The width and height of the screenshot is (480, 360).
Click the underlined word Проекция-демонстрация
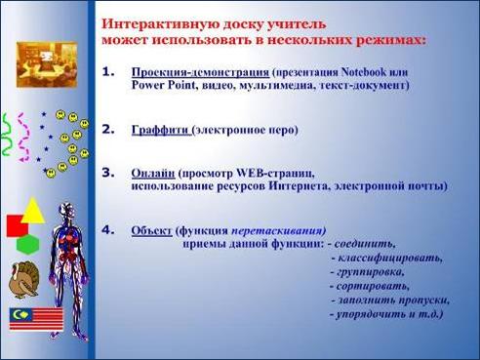click(200, 72)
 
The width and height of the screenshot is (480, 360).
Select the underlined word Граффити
click(160, 130)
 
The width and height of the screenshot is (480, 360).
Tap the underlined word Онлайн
click(153, 174)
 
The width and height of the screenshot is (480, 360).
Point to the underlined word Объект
click(151, 230)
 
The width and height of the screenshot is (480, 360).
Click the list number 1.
click(108, 72)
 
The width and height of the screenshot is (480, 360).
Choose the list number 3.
click(108, 173)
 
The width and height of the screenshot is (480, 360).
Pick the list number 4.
click(108, 230)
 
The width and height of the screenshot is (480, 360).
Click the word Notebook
click(364, 72)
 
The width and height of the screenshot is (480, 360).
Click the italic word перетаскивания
click(278, 231)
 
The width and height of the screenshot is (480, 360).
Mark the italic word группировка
click(370, 272)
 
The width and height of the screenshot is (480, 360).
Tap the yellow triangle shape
click(33, 211)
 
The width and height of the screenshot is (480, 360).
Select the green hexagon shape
click(28, 245)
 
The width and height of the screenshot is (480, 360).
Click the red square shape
click(17, 226)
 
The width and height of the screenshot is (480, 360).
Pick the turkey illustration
click(24, 280)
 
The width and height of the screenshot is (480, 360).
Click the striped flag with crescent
click(36, 319)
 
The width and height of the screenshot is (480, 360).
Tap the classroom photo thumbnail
click(47, 64)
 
